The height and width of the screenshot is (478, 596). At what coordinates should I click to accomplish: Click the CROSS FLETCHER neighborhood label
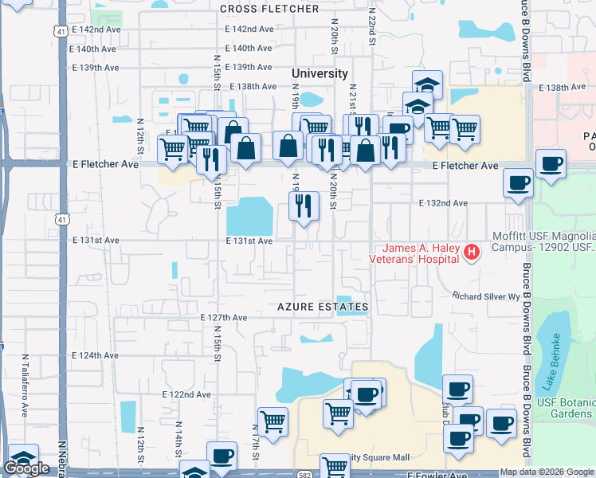[x=269, y=9]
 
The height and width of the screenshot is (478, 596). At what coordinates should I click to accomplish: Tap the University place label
[x=320, y=73]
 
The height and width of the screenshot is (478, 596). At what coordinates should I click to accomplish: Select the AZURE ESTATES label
[x=323, y=307]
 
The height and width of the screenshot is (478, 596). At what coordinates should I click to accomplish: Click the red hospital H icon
[x=472, y=253]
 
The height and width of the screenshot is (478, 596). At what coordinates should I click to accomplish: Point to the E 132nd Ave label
[x=444, y=203]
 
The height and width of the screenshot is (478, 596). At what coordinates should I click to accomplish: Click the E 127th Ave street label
[x=224, y=317]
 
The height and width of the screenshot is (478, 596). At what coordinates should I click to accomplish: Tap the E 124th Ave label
[x=95, y=355]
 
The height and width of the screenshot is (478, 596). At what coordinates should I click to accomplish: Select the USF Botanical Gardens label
[x=573, y=407]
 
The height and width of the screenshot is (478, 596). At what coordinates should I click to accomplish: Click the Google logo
[x=26, y=468]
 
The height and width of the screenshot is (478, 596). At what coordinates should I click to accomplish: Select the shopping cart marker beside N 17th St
[x=273, y=420]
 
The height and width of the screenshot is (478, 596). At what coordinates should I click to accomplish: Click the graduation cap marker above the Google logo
[x=23, y=457]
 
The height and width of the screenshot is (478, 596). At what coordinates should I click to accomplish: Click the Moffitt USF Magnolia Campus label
[x=541, y=241]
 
